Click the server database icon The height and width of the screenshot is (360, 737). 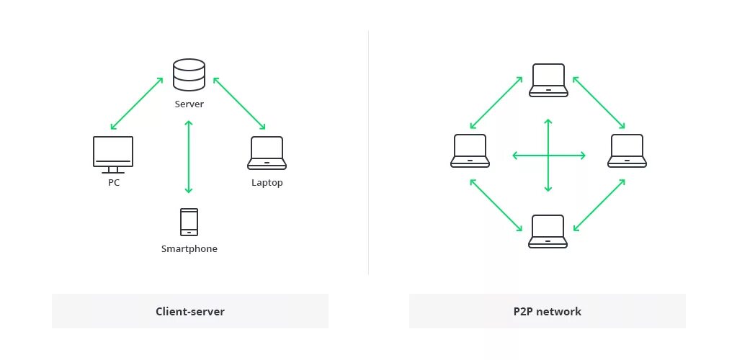pos(189,75)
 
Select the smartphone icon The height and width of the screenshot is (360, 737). pos(189,222)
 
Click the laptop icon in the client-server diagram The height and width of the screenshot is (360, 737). pos(267,153)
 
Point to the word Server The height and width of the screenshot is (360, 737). pos(189,104)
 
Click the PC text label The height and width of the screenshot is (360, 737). pos(113,183)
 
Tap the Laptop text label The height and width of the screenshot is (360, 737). pos(267,183)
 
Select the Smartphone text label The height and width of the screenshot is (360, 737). pos(189,249)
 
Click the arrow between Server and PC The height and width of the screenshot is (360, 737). pos(137,104)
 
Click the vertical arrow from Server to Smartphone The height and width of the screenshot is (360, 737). pos(189,157)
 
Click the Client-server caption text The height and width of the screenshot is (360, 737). pos(190,312)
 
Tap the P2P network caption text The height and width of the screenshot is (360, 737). pos(548,312)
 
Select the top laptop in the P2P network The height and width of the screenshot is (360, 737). pos(548,80)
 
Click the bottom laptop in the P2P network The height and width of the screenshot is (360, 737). pos(548,231)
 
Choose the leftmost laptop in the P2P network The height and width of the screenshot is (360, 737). pos(470,151)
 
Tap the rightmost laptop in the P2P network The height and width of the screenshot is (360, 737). pos(627,151)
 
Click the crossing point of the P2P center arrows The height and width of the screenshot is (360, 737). pos(548,155)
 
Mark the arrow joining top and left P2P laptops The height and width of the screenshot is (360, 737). pos(496,103)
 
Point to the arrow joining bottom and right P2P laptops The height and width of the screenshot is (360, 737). pos(599,205)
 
